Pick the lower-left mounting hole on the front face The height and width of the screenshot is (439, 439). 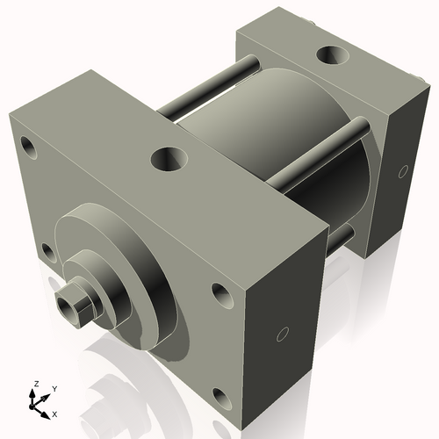pos(48,255)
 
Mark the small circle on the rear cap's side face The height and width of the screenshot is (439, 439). pos(403,170)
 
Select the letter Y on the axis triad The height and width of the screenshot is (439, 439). pos(54,388)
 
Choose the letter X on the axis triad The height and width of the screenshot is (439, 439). pos(54,412)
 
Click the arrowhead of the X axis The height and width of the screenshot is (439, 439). pos(47,408)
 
